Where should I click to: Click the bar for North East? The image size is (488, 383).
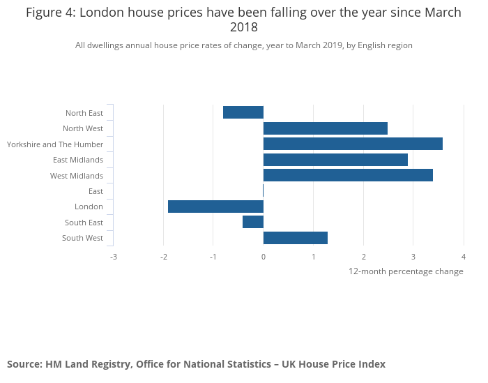pyautogui.click(x=243, y=112)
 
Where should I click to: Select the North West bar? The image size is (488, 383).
pyautogui.click(x=325, y=128)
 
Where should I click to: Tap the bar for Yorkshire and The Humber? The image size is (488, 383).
pyautogui.click(x=353, y=144)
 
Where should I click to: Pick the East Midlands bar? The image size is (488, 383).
pyautogui.click(x=335, y=160)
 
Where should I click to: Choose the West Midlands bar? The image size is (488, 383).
pyautogui.click(x=348, y=175)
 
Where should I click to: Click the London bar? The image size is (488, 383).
pyautogui.click(x=215, y=206)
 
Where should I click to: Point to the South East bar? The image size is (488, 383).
pyautogui.click(x=253, y=222)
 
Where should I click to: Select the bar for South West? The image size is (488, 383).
pyautogui.click(x=296, y=238)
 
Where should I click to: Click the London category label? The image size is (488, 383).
pyautogui.click(x=89, y=206)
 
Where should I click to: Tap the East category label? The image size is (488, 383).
pyautogui.click(x=96, y=191)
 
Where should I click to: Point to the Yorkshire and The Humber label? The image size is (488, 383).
pyautogui.click(x=55, y=144)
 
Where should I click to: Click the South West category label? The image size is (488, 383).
pyautogui.click(x=82, y=238)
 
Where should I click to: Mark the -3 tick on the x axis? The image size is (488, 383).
pyautogui.click(x=113, y=257)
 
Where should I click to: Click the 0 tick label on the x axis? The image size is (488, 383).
pyautogui.click(x=264, y=257)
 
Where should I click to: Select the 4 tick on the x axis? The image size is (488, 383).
pyautogui.click(x=463, y=257)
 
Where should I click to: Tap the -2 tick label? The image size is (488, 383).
pyautogui.click(x=163, y=257)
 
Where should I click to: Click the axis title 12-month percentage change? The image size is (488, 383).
pyautogui.click(x=406, y=271)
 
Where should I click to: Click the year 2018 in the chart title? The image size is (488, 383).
pyautogui.click(x=243, y=28)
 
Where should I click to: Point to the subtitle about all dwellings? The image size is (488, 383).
pyautogui.click(x=243, y=45)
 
